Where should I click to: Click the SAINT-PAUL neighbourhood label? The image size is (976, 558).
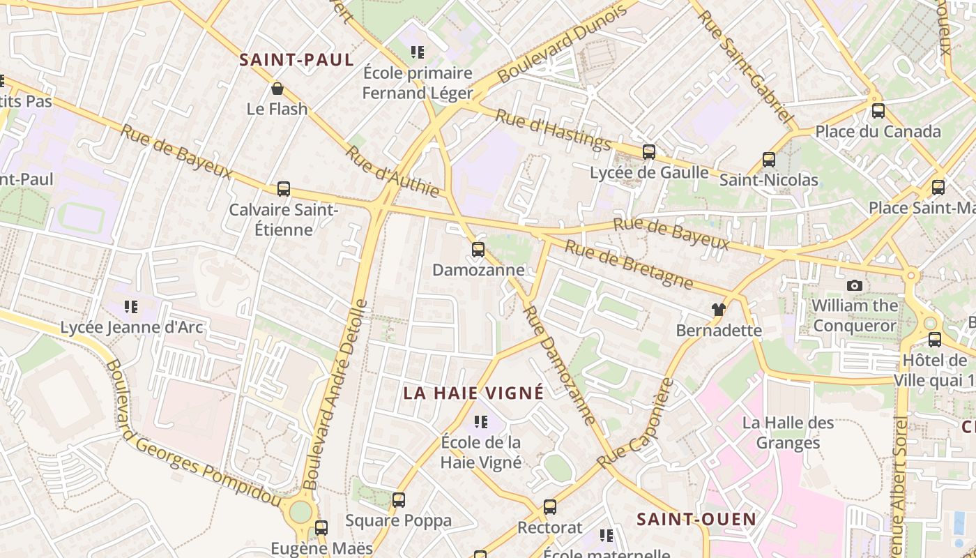pos(297,60)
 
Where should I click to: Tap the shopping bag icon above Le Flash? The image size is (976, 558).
pos(277,89)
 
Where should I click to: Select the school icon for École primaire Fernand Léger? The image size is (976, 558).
pos(418,52)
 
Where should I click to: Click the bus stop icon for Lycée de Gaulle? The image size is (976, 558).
pos(649,151)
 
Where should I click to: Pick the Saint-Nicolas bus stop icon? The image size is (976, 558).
pos(769,160)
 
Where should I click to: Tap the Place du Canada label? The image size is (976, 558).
pos(878,131)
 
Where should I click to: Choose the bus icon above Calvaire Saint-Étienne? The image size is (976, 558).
pos(284,188)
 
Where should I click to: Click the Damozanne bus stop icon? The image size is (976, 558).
pos(478,249)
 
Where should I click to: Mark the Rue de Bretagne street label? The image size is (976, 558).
pos(629,265)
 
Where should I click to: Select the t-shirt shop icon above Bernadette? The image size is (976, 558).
pos(719,309)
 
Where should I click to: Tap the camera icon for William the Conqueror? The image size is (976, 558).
pos(854,285)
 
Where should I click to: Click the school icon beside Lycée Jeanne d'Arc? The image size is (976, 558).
pos(131,306)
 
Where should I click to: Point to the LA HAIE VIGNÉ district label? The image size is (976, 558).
pos(473,393)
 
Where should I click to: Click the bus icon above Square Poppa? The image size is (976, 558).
pos(399,499)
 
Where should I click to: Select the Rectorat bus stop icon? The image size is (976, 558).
pos(550,506)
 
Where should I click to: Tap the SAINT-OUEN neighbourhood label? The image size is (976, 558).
pos(696,519)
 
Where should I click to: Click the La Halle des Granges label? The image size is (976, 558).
pos(788,432)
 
